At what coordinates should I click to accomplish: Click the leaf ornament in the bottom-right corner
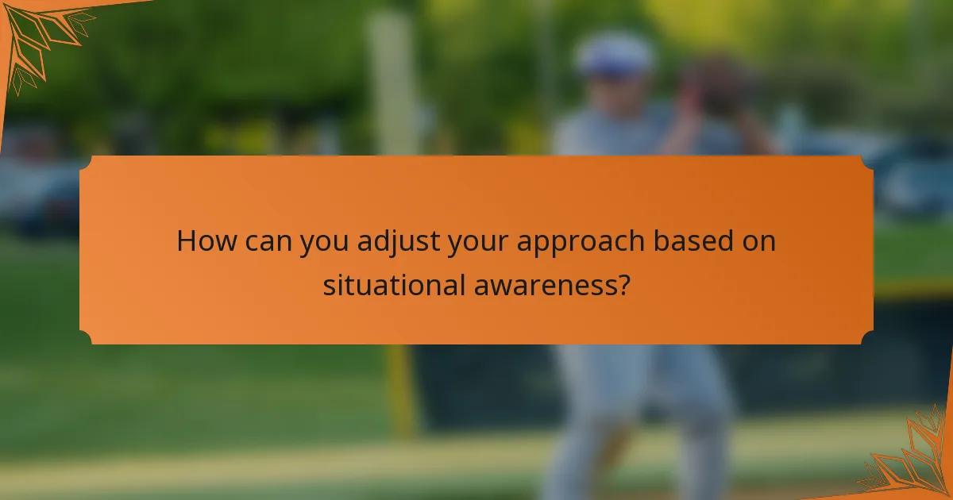pyautogui.click(x=913, y=460)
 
